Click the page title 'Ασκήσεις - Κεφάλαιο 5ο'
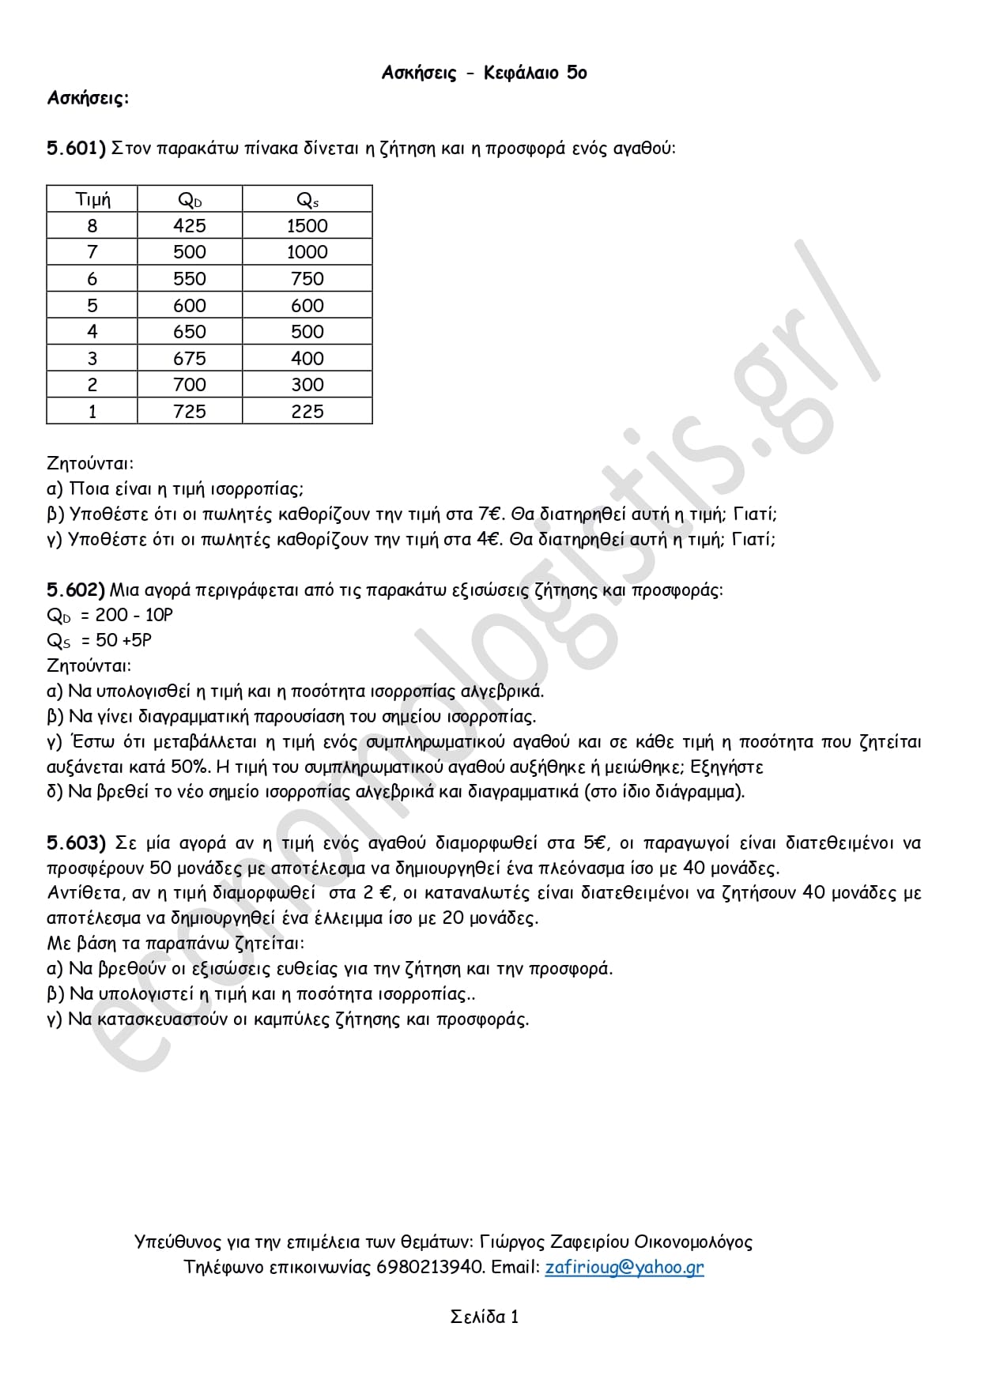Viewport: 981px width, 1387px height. click(x=484, y=73)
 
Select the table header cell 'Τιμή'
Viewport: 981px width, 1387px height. click(x=92, y=199)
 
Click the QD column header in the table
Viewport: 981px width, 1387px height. click(x=190, y=200)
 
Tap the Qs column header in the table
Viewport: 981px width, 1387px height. click(x=307, y=200)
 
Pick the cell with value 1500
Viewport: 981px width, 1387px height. click(x=307, y=226)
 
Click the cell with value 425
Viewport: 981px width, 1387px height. click(x=190, y=226)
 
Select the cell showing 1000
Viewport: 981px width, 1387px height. click(x=307, y=252)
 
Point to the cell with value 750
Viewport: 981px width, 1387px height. click(x=307, y=279)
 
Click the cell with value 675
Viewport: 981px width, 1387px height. click(x=190, y=359)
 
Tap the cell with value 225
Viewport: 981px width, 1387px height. click(x=307, y=412)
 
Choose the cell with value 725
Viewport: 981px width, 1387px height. click(x=190, y=412)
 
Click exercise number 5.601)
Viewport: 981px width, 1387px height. click(x=76, y=148)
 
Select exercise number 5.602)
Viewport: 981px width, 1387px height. click(x=76, y=590)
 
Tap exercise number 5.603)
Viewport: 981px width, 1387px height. click(x=76, y=842)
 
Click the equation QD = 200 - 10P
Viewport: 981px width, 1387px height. click(x=110, y=615)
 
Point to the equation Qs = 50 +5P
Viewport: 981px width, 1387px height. click(x=100, y=640)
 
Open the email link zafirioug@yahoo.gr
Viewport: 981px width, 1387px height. click(x=624, y=1267)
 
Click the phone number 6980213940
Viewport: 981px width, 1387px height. click(x=429, y=1267)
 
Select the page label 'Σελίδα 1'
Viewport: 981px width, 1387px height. click(x=484, y=1317)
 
